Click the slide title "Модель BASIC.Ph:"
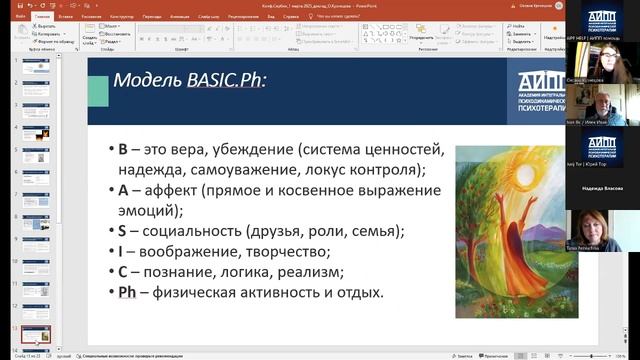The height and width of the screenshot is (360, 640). [x=190, y=80]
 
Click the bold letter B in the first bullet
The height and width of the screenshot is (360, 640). [x=123, y=150]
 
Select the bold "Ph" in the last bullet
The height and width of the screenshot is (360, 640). [x=127, y=292]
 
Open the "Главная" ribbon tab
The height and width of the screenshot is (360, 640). [x=43, y=17]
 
